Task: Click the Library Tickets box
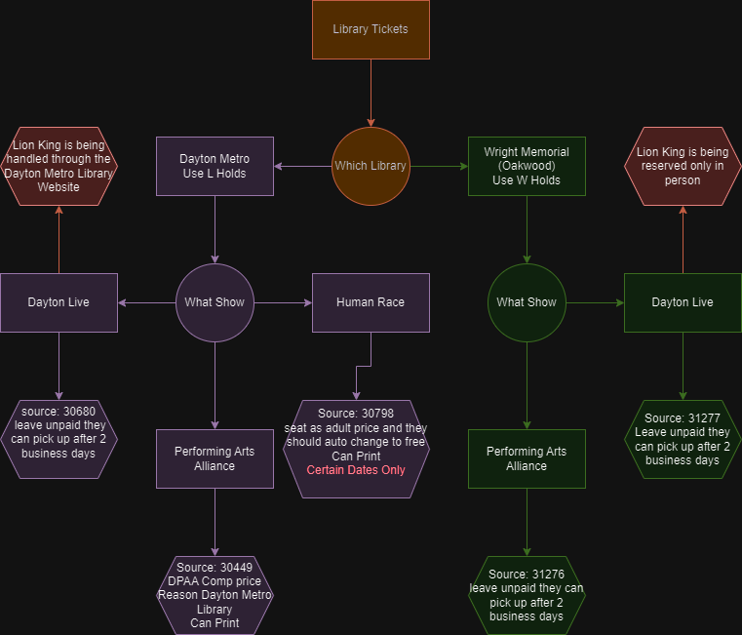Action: click(371, 29)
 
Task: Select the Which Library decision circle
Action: click(371, 166)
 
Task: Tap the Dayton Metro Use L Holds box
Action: click(215, 166)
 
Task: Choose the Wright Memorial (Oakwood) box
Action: click(527, 166)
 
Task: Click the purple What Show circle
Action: click(215, 302)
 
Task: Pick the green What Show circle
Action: click(527, 302)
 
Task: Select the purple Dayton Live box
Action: click(59, 302)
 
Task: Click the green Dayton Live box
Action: click(683, 302)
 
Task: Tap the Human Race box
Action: click(371, 302)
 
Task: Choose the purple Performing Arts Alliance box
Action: click(215, 458)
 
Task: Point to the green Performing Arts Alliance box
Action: click(527, 458)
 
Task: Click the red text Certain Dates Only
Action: click(356, 470)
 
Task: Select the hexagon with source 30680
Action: click(59, 439)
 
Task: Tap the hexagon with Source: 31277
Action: click(683, 439)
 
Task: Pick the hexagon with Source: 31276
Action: click(527, 595)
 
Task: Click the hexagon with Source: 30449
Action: click(215, 595)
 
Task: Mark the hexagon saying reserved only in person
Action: click(683, 166)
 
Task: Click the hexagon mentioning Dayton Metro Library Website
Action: click(59, 166)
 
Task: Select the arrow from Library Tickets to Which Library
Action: click(371, 93)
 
